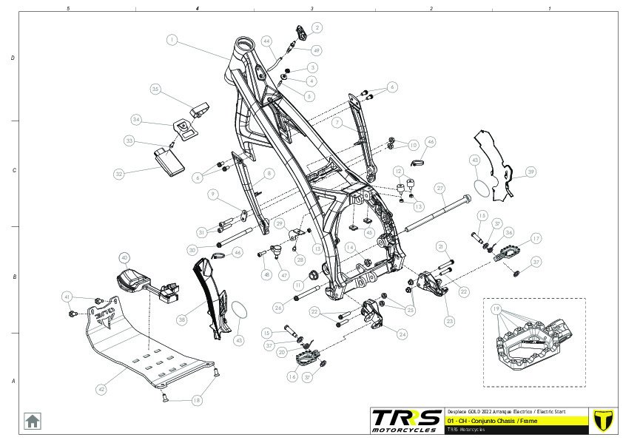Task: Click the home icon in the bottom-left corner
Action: (33, 421)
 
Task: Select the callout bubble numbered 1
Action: (172, 39)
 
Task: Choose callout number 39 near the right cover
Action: (531, 172)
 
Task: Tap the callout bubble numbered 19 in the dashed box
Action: (496, 308)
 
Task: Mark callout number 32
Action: (118, 175)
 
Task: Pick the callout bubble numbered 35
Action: (155, 89)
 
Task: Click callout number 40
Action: (124, 257)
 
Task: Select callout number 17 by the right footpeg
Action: (536, 238)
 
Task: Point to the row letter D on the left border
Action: (13, 58)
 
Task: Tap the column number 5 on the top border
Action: (68, 8)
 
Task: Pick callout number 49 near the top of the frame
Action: (317, 51)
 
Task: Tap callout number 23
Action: (449, 321)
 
